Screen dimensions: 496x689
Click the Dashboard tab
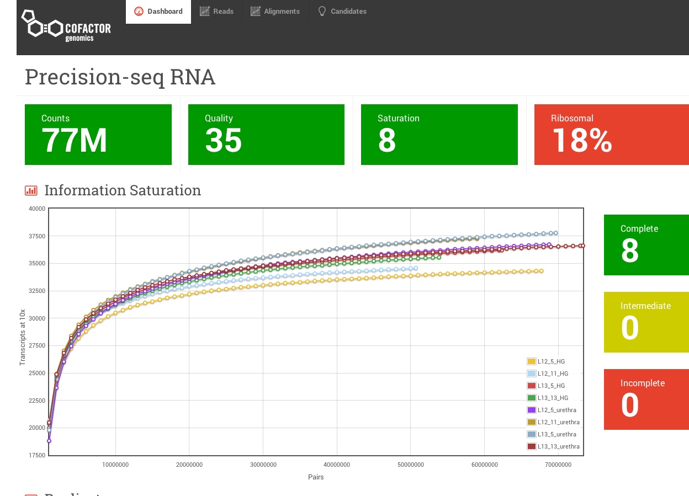click(x=158, y=12)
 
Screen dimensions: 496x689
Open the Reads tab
click(x=216, y=12)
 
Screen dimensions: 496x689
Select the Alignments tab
click(x=275, y=12)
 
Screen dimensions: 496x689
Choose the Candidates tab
click(x=342, y=12)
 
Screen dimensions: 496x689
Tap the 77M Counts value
click(x=75, y=141)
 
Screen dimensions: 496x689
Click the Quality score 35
click(x=223, y=141)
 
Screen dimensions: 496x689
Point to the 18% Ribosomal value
click(x=582, y=141)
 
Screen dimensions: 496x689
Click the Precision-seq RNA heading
click(x=120, y=77)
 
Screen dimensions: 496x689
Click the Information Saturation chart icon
click(x=31, y=191)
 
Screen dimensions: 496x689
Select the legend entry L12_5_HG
click(x=551, y=361)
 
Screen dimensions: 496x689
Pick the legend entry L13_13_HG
click(x=553, y=398)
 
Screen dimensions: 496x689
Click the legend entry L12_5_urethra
click(x=556, y=410)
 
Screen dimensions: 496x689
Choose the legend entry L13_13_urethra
click(x=558, y=446)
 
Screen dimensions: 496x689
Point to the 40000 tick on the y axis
click(x=37, y=209)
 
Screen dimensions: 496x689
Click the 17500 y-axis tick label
click(x=37, y=455)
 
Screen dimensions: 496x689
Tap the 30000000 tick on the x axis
click(x=263, y=465)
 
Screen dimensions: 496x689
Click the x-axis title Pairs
click(x=316, y=477)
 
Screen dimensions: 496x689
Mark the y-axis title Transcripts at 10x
click(x=23, y=337)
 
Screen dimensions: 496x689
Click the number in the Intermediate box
click(x=630, y=328)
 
